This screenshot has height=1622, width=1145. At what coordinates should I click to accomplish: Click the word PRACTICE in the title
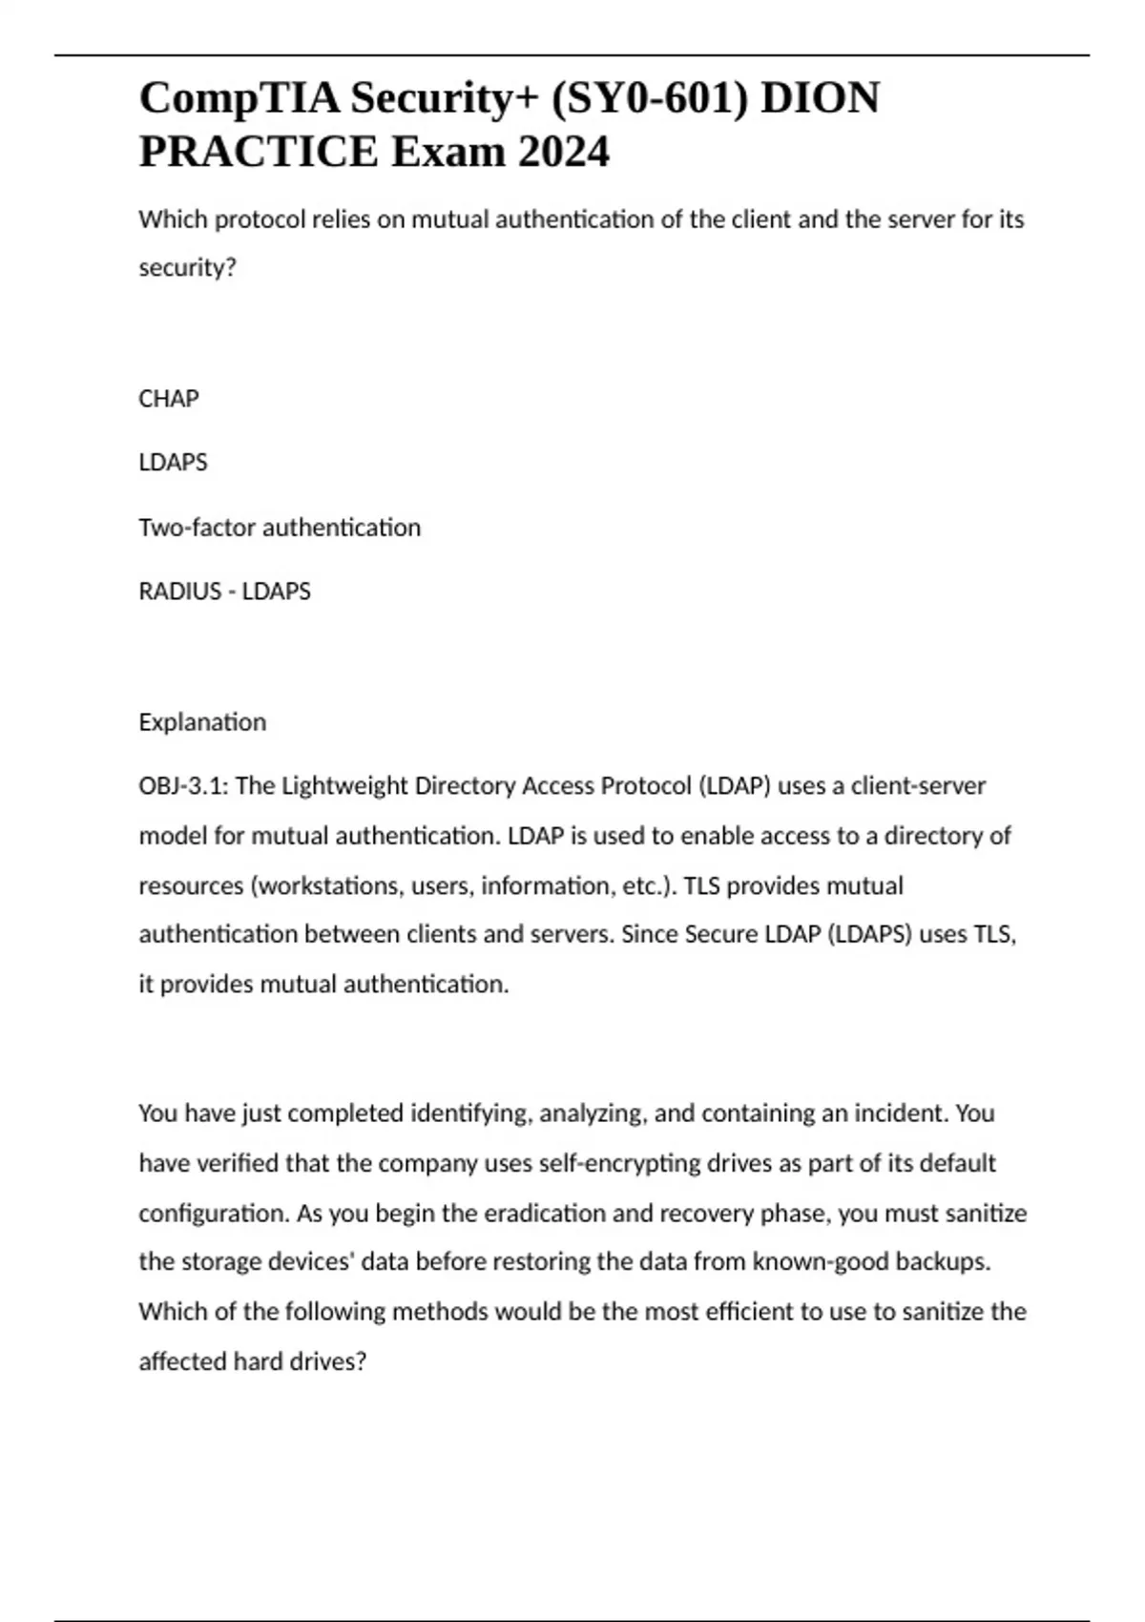click(258, 153)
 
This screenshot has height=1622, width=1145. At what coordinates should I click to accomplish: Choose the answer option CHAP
click(169, 399)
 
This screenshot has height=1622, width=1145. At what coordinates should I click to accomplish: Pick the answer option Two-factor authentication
click(280, 528)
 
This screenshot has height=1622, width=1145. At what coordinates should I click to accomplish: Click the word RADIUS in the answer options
click(179, 592)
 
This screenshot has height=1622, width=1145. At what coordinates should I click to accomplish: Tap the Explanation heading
click(202, 722)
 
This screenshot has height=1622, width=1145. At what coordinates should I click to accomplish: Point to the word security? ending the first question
click(187, 268)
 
